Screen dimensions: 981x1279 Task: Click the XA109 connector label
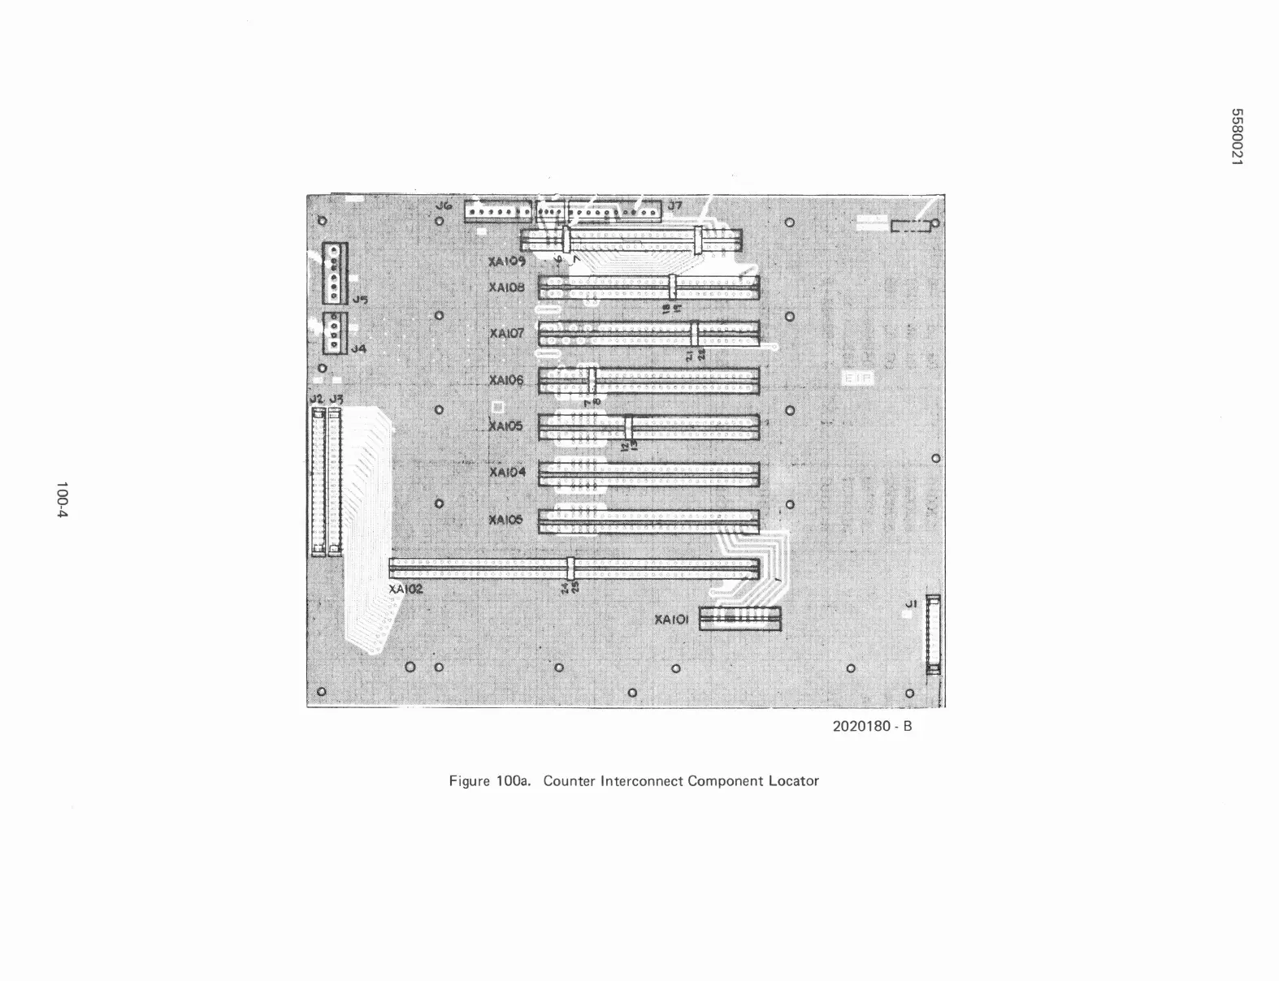point(507,261)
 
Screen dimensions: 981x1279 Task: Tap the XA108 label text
point(507,287)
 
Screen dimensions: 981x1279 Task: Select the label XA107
point(507,334)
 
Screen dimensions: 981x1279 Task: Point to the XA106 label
point(507,380)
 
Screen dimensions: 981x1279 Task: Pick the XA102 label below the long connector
point(405,590)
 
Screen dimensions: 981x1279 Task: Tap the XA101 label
point(672,620)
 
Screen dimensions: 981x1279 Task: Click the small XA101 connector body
point(739,619)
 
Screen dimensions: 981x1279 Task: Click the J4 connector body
point(334,333)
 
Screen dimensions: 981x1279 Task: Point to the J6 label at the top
point(443,206)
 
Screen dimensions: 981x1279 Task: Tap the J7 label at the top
point(674,206)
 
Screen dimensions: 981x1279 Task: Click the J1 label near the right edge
point(911,603)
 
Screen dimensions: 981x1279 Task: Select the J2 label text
point(316,400)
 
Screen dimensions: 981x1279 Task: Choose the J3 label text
point(336,400)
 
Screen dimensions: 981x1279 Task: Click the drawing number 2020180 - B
point(872,726)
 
